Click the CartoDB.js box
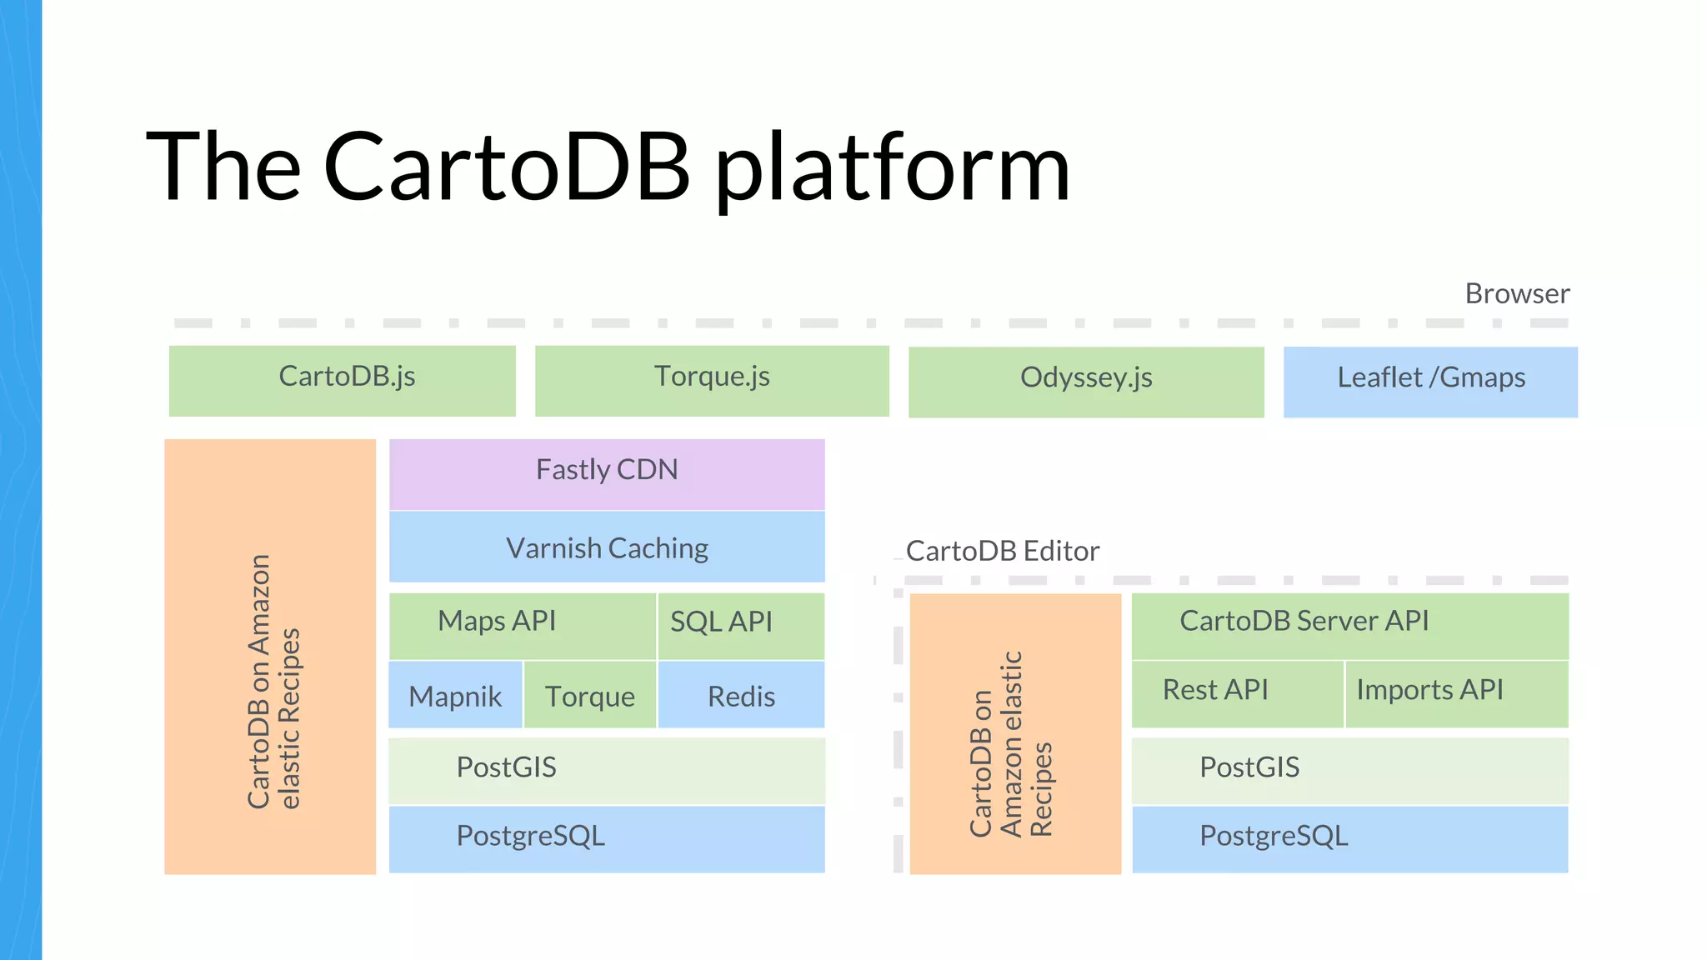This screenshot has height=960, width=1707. pos(343,380)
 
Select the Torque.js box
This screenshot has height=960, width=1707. pos(712,380)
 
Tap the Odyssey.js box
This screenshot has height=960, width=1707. pos(1086,381)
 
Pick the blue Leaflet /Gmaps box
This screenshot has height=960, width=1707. pos(1430,381)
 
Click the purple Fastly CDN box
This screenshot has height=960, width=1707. pos(607,473)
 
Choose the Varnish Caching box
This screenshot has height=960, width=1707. pos(607,547)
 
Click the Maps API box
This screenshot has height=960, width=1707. pos(522,625)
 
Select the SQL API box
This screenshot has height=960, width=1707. pos(740,625)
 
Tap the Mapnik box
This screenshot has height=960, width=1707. pos(455,695)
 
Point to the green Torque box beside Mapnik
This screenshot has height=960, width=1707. pos(590,695)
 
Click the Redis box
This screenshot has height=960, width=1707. pos(741,695)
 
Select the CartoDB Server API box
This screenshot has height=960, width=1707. pos(1349,625)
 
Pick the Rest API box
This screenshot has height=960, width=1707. pos(1237,693)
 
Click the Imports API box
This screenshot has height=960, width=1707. pos(1456,693)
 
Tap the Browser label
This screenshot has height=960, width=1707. pos(1517,293)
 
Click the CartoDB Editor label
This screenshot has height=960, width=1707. pos(1002,551)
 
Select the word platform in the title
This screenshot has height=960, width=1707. pos(892,168)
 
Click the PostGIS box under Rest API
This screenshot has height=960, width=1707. pos(1349,770)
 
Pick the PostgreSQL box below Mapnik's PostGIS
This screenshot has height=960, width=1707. pos(607,838)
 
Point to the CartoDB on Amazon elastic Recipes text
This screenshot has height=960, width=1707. pos(272,682)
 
